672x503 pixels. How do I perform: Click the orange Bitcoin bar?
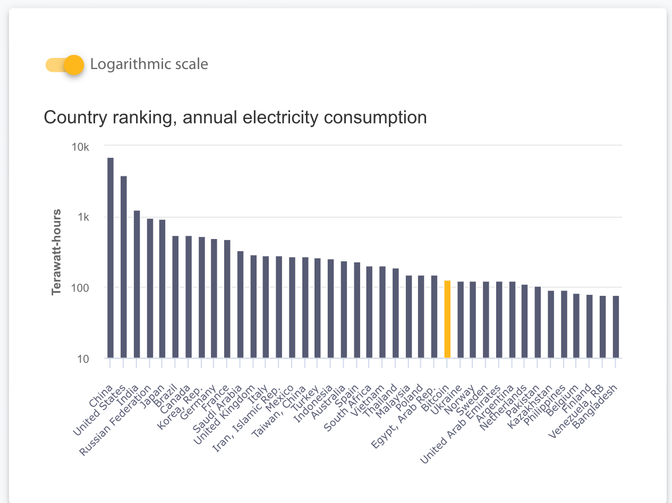pos(447,319)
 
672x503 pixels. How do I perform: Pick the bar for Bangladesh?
pos(616,327)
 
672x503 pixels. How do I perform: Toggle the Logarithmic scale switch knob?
pos(74,65)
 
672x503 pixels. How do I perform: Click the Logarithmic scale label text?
pos(149,64)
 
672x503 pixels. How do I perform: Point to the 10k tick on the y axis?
pos(81,147)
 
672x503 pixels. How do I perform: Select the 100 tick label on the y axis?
pos(81,288)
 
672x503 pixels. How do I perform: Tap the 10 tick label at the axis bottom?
pos(83,359)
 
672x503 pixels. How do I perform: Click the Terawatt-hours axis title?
pos(56,252)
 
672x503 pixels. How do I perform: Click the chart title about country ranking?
pos(235,117)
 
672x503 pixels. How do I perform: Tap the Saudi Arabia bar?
pos(240,304)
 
